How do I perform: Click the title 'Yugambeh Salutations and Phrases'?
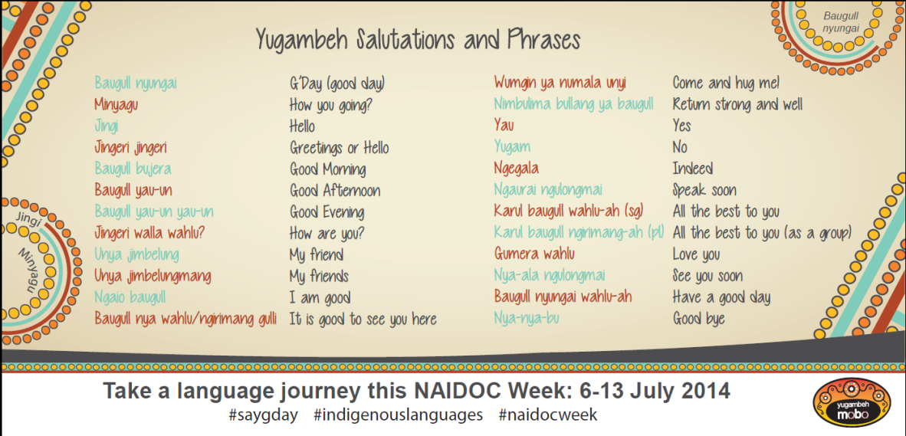[x=419, y=41]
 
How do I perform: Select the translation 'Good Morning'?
[x=327, y=169]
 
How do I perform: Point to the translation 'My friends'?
[x=319, y=276]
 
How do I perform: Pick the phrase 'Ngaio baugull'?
[x=130, y=297]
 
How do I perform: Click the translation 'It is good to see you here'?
[x=363, y=319]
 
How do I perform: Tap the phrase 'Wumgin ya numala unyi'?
[x=560, y=84]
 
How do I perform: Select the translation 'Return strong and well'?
[x=737, y=105]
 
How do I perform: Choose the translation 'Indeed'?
[x=692, y=169]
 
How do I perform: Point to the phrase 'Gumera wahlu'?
[x=534, y=254]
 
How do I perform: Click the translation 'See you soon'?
[x=707, y=276]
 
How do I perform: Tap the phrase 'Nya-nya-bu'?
[x=527, y=318]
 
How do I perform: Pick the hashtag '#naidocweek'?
[x=547, y=415]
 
